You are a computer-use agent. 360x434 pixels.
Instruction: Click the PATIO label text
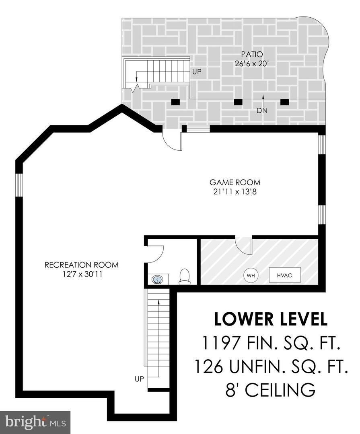(252, 54)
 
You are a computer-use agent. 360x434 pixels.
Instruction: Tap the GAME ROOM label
(235, 182)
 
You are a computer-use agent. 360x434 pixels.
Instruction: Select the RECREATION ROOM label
(82, 265)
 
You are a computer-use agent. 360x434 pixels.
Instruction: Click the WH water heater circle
(251, 275)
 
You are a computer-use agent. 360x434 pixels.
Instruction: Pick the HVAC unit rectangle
(285, 275)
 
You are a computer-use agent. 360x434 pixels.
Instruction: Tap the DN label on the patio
(262, 111)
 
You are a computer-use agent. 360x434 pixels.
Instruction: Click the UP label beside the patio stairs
(197, 72)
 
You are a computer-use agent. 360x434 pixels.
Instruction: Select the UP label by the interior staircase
(140, 379)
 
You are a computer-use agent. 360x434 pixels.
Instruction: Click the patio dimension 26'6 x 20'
(252, 63)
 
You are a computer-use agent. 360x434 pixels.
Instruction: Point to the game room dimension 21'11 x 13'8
(235, 192)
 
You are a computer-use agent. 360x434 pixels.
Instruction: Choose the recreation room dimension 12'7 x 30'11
(82, 274)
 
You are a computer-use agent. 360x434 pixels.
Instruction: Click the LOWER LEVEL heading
(271, 319)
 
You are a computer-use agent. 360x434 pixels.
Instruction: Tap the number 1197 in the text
(220, 343)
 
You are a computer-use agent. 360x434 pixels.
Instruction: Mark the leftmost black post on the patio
(175, 102)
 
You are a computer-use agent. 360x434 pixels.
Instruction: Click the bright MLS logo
(35, 422)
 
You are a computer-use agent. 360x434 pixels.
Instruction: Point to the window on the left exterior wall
(19, 185)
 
